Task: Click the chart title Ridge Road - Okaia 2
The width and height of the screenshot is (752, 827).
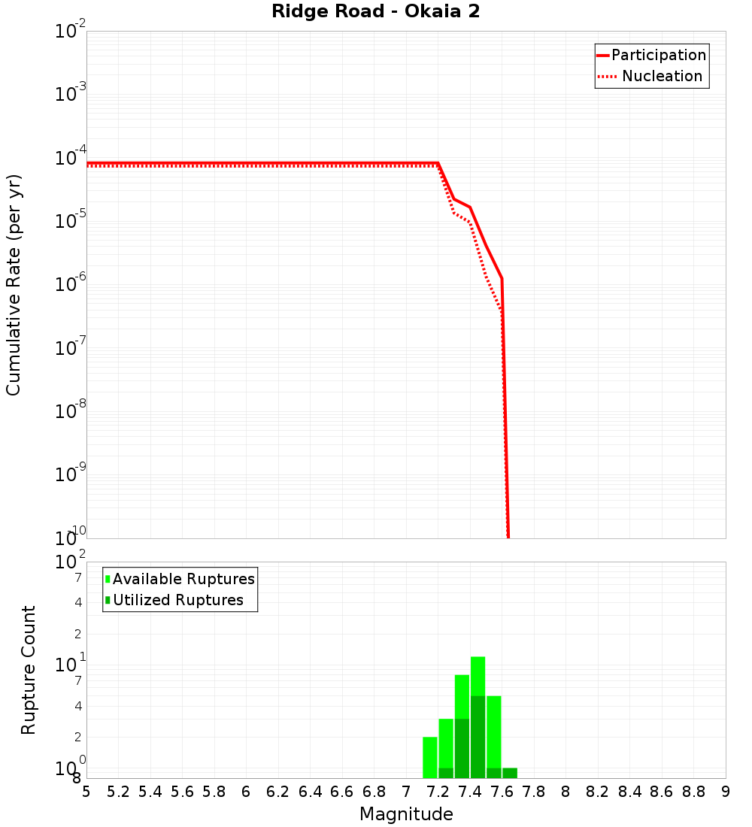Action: (375, 12)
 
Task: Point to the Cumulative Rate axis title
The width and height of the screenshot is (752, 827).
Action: (14, 285)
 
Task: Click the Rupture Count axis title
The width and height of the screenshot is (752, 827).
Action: (29, 670)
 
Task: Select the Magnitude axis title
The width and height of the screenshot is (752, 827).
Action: (406, 814)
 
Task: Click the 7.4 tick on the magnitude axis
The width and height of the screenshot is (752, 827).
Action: (470, 792)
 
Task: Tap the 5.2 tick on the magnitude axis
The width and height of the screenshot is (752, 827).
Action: (118, 792)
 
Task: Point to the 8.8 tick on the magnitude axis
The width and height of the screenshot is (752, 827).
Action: (693, 792)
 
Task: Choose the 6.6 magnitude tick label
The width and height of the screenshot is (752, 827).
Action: (342, 792)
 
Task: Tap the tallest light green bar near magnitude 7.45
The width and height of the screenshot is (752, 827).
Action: (478, 675)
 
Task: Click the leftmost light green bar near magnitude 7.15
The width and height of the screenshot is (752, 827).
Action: (430, 757)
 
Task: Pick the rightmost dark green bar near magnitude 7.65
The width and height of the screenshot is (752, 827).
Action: (510, 773)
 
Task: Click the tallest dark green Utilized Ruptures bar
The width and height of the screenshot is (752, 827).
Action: (478, 737)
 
